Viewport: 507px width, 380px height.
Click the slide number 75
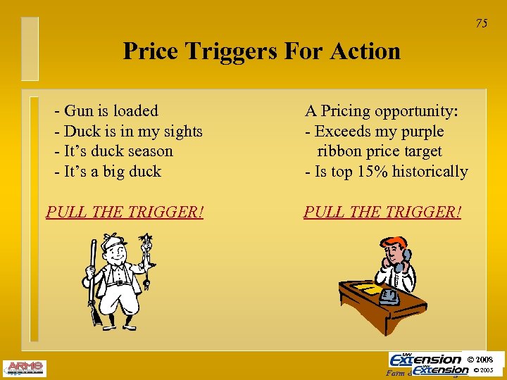point(481,24)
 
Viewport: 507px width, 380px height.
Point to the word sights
point(181,131)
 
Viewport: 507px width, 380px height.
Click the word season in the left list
point(151,151)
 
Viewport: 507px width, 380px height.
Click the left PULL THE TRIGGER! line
point(125,212)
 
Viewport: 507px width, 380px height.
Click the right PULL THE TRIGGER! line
point(382,212)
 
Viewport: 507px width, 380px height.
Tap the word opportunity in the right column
point(415,111)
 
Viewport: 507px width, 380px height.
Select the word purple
point(421,132)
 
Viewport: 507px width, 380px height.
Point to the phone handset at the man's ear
point(399,264)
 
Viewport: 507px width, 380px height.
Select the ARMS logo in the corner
point(25,368)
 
